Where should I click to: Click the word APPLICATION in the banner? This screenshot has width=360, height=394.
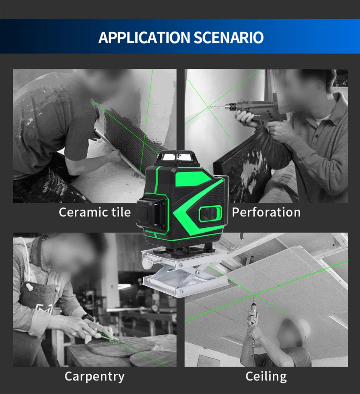coord(144,38)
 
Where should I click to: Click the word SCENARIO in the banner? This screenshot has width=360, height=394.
coord(228,38)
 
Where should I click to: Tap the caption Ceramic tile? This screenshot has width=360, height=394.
coord(94,212)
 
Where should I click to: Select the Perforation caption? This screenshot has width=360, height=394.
coord(266,212)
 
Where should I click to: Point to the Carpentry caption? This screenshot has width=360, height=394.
coord(94,377)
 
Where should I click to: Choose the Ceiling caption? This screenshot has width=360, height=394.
coord(266,377)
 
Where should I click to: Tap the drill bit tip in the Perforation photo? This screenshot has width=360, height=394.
coord(210,107)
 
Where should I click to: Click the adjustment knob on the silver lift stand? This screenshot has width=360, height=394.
coord(147,263)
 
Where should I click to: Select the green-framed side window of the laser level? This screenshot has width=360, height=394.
coord(210,214)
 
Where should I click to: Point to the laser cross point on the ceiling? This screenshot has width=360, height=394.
coord(254,295)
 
